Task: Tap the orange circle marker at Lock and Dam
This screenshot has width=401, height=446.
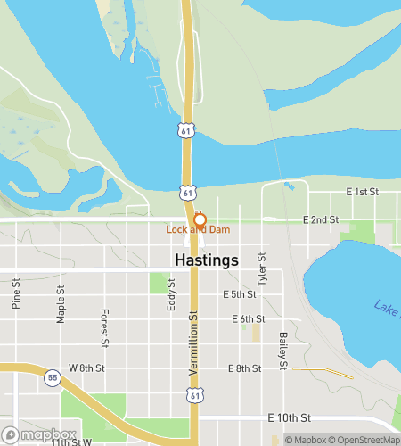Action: pyautogui.click(x=200, y=219)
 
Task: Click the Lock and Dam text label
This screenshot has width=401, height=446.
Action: pyautogui.click(x=198, y=230)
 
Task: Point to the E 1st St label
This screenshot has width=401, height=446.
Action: pyautogui.click(x=362, y=193)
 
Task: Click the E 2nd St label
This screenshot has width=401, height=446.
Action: pyautogui.click(x=321, y=219)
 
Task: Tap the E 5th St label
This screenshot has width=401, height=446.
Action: pyautogui.click(x=240, y=294)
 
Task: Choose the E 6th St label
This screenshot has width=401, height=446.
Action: pyautogui.click(x=248, y=318)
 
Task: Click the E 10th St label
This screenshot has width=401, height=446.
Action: pyautogui.click(x=289, y=417)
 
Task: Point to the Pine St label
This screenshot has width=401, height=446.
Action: pyautogui.click(x=16, y=293)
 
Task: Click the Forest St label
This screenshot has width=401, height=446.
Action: pyautogui.click(x=104, y=327)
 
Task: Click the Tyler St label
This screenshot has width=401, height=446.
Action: pyautogui.click(x=262, y=269)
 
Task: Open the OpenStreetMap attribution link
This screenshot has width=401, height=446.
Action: pyautogui.click(x=364, y=439)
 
